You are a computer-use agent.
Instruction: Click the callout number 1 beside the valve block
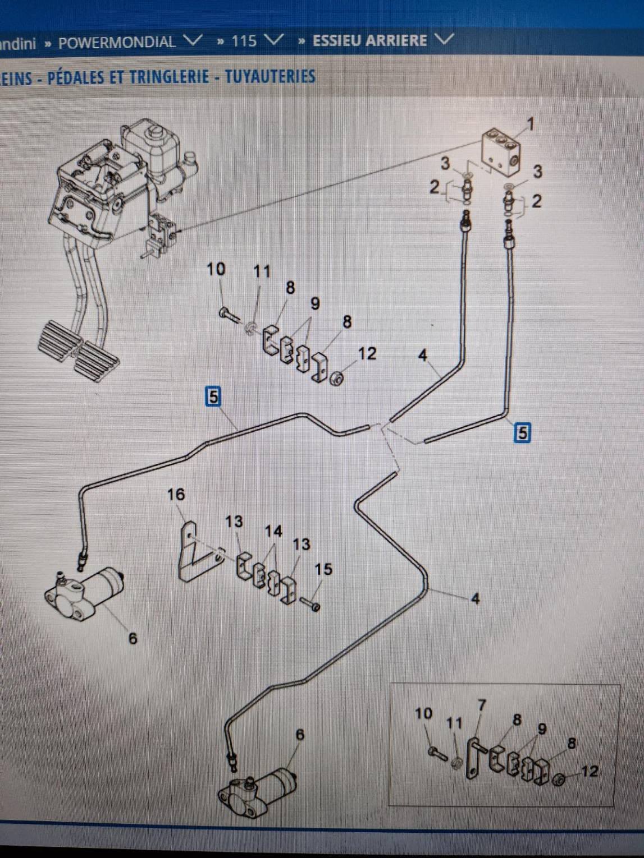tap(529, 123)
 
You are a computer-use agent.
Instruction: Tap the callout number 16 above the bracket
tap(175, 494)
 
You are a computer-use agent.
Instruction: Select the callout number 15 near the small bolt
tap(323, 569)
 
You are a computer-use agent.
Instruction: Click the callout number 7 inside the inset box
tap(481, 704)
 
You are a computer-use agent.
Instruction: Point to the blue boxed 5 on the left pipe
tap(213, 396)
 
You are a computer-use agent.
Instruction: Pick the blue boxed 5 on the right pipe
tap(522, 432)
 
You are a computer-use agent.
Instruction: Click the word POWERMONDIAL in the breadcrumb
tap(116, 42)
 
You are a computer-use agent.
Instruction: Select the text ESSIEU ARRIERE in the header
tap(369, 40)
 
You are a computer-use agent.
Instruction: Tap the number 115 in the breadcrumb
tap(244, 41)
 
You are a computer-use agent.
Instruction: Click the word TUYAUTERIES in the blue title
tap(270, 76)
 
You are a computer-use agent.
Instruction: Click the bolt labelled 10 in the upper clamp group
tap(229, 314)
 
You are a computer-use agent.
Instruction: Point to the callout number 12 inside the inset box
tap(589, 771)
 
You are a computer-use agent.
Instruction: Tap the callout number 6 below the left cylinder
tap(133, 638)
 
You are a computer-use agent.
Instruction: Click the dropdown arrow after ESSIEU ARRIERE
tap(443, 39)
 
